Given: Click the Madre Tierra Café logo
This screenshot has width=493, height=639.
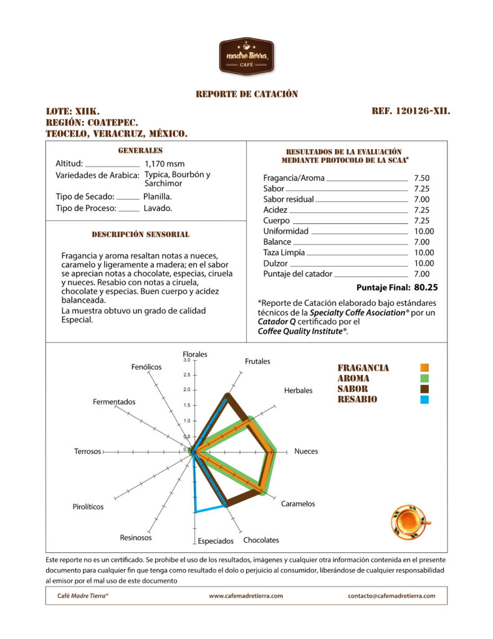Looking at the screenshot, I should click(x=246, y=56).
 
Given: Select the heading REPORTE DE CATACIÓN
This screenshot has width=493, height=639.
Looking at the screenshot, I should click(x=247, y=94).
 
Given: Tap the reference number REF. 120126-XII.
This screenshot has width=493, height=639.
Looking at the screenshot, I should click(x=411, y=112).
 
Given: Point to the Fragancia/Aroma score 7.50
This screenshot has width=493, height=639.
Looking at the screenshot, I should click(x=421, y=178).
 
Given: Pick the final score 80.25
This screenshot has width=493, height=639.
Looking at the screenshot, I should click(x=426, y=288).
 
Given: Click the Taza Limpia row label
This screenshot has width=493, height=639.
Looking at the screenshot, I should click(x=284, y=253).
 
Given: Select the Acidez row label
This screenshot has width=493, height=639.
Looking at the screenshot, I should click(x=275, y=210).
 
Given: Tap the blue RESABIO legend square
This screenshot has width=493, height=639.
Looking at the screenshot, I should click(x=424, y=399).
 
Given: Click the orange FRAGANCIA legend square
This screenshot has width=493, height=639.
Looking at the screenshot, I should click(x=424, y=368).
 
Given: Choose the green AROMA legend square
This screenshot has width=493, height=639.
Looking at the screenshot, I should click(x=424, y=378).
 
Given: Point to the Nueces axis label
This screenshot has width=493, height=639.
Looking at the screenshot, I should click(x=306, y=451).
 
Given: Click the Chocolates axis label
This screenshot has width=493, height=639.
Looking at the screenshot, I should click(x=261, y=540).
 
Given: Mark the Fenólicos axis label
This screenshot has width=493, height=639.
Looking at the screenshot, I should click(x=146, y=367).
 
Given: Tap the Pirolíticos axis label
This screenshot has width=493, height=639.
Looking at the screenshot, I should click(x=88, y=507).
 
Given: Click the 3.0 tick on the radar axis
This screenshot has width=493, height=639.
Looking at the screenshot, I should click(x=186, y=360).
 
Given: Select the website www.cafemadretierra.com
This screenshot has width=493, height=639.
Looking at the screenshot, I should click(x=246, y=596).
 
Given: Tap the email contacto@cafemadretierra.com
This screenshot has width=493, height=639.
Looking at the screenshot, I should click(x=391, y=596).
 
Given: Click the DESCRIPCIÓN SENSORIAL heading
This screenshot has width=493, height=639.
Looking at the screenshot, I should click(x=140, y=235).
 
